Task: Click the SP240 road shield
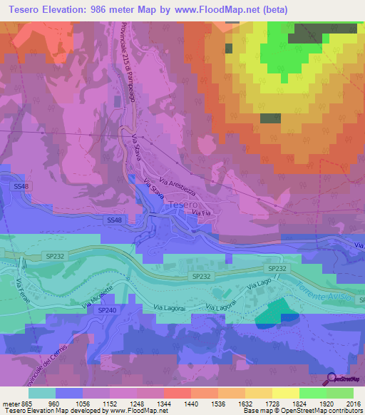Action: [106, 310]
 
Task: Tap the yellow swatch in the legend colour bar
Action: [285, 393]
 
